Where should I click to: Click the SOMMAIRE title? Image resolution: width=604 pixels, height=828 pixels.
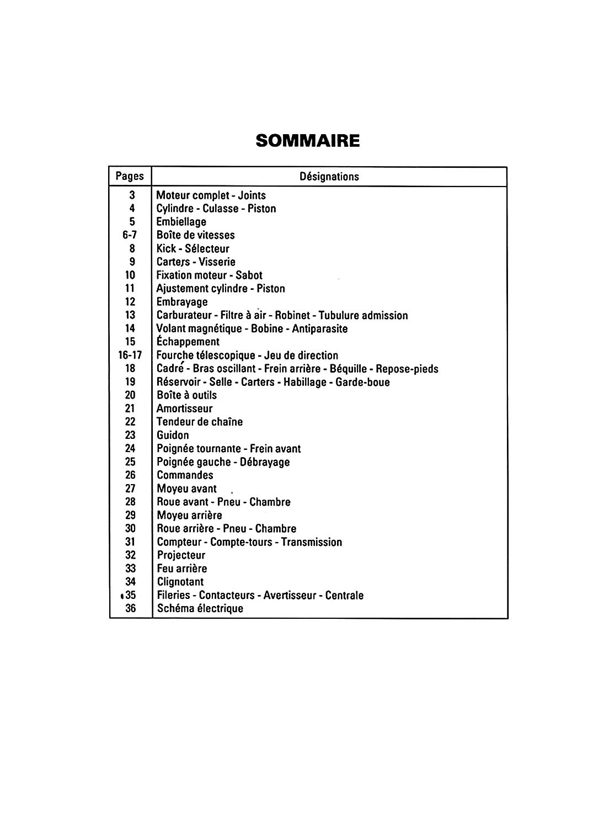coord(308,141)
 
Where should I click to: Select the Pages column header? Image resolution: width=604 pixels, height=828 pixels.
coord(130,176)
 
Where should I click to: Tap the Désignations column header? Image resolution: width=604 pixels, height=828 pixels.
coord(329,177)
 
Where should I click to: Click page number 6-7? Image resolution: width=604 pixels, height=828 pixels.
coord(130,235)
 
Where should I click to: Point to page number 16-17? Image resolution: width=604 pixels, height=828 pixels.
coord(130,355)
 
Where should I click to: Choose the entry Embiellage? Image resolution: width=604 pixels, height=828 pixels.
coord(181,222)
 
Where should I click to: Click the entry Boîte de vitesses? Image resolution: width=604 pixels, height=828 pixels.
coord(195,235)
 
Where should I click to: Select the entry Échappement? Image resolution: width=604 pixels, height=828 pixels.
coord(188,342)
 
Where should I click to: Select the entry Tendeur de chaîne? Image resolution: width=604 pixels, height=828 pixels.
coord(200,422)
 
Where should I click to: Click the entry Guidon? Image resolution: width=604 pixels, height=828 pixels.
coord(173,435)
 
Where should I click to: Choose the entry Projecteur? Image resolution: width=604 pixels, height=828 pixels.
coord(181,555)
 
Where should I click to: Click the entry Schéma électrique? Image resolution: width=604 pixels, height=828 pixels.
coord(200,608)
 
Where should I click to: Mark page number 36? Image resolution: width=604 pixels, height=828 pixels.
coord(130,608)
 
